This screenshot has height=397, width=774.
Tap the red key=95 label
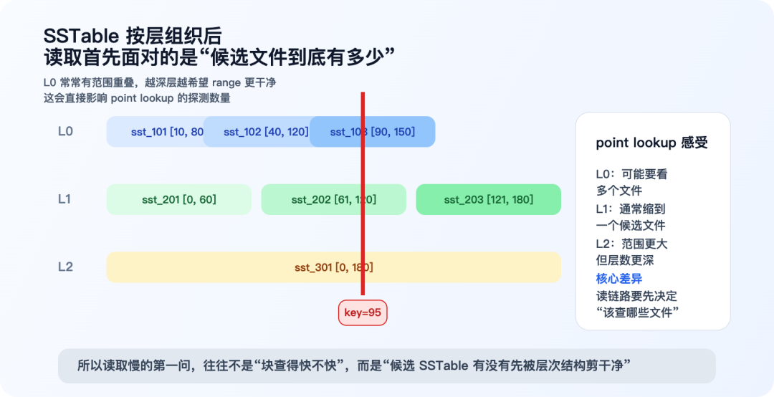(363, 312)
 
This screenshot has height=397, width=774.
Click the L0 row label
(65, 132)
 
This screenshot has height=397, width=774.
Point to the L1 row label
(64, 199)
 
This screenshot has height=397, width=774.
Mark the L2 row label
(65, 267)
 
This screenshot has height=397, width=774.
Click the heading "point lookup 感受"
(651, 143)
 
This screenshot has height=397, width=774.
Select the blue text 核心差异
(619, 279)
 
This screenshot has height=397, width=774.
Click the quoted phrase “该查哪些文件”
(637, 312)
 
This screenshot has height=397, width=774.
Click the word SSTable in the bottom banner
(444, 365)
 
